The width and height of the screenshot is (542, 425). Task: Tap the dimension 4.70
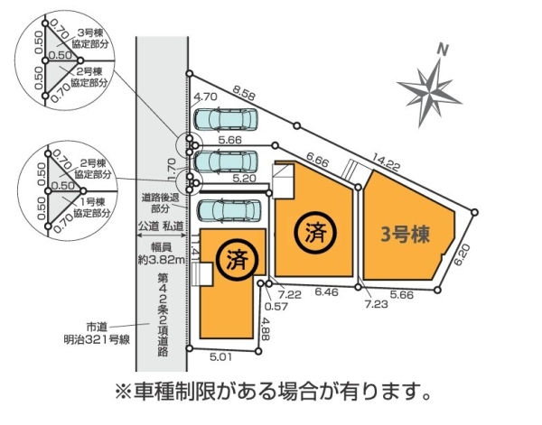205,96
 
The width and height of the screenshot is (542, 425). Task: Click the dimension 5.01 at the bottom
221,358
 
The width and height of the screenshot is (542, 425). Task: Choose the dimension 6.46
326,294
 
